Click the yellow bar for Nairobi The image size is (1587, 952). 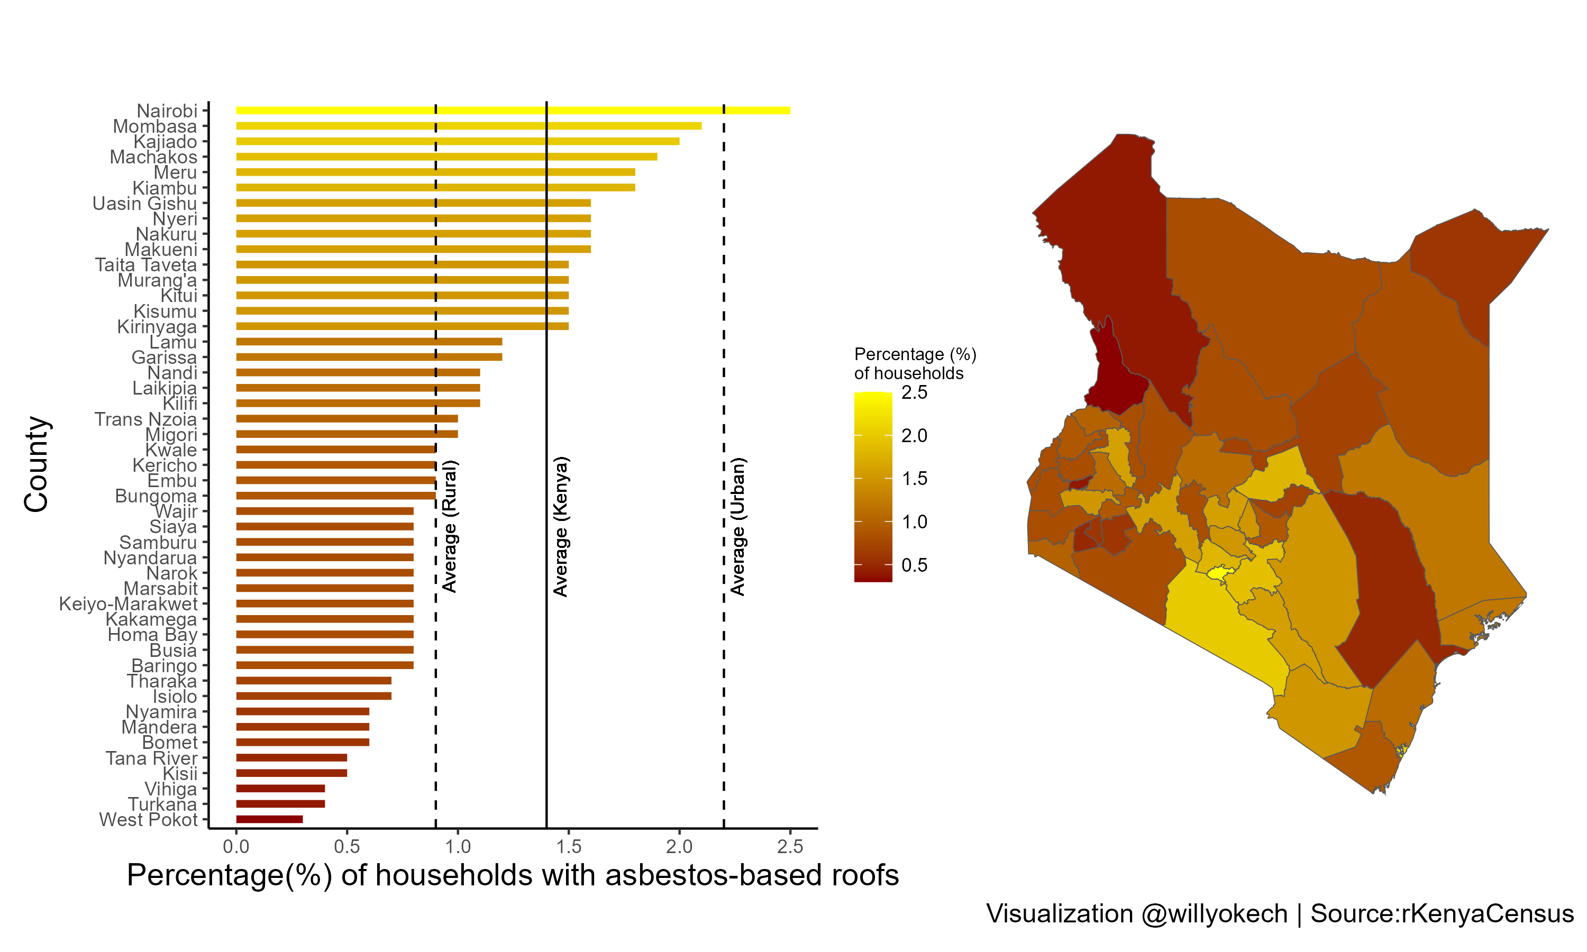pos(513,111)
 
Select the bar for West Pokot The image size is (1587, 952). pos(269,819)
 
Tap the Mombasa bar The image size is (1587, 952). pos(468,126)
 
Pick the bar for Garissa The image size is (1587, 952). pos(369,358)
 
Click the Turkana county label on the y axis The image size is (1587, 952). pos(162,804)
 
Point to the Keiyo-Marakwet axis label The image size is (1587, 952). pos(129,603)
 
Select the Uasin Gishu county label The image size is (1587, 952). pos(144,204)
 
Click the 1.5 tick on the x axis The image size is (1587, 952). pos(568,847)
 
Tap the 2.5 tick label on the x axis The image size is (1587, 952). pos(790,847)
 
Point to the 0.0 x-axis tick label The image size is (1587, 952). pos(236,847)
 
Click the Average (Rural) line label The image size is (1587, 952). pos(450,526)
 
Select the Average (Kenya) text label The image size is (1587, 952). pos(561,526)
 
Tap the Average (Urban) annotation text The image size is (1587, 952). pos(738,526)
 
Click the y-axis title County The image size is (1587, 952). pos(37,464)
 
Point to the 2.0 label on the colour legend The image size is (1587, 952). pos(914,436)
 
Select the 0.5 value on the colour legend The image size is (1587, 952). pos(914,565)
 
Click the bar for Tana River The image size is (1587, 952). pos(291,757)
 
